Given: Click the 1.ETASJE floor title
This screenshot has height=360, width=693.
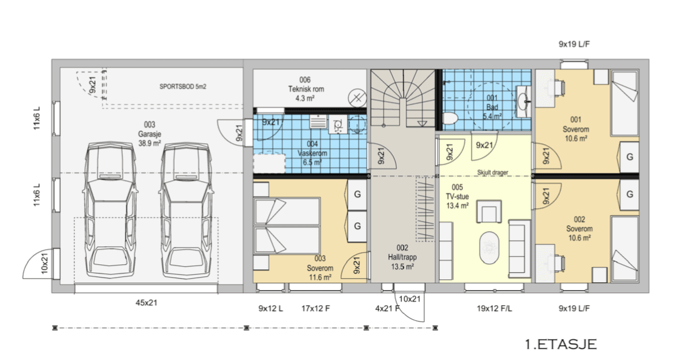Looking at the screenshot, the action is tap(561, 344).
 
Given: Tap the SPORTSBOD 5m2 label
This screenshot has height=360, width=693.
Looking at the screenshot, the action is tap(183, 87).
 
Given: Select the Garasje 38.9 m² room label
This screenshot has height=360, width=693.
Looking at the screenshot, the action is tap(149, 134).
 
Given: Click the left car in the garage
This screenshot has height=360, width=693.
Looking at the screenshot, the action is tap(110, 210).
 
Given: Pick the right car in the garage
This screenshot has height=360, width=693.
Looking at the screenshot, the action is tap(186, 210).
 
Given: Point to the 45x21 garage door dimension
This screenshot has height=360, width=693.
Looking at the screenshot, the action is tap(146, 303).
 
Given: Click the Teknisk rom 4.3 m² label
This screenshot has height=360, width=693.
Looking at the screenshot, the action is tap(306, 89).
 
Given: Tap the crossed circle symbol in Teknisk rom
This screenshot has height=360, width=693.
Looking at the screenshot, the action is tap(357, 99).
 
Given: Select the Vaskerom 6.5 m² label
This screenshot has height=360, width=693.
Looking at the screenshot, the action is tap(312, 153).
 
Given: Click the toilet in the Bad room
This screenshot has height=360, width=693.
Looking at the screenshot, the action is tap(450, 118).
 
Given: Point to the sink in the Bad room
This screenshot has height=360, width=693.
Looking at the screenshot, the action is tap(523, 101).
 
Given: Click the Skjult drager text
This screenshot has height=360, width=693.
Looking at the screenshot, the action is tap(492, 172).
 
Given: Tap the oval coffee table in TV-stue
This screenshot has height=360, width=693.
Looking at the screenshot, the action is tap(489, 248).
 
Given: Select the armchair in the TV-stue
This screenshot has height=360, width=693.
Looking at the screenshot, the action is tap(489, 211).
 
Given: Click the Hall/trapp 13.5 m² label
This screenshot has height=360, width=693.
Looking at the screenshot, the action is tap(402, 257).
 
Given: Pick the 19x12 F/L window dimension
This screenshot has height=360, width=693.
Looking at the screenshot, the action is tap(494, 309).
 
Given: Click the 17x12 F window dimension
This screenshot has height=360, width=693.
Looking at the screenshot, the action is tap(315, 309).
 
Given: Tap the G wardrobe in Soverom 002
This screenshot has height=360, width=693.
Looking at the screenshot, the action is tap(630, 194).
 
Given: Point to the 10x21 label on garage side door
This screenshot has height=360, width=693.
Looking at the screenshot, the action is tap(44, 263).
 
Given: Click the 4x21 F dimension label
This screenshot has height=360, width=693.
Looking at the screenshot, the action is tap(387, 309).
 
